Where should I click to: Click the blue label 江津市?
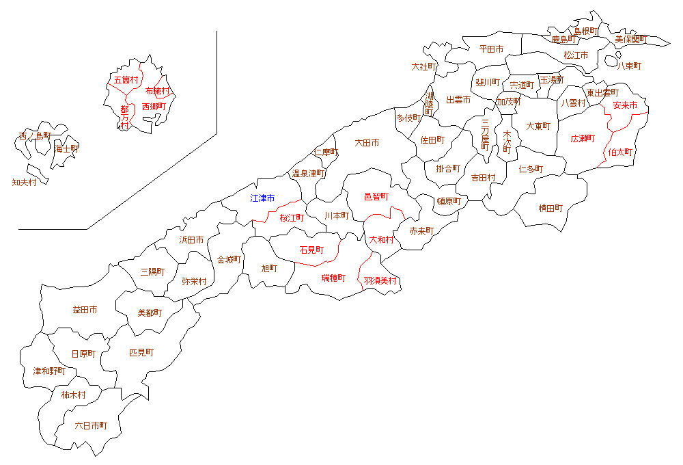[262, 198]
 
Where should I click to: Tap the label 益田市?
[85, 310]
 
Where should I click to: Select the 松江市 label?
[576, 55]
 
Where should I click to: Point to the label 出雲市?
[458, 100]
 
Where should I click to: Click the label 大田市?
[367, 143]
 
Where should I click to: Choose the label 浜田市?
[191, 240]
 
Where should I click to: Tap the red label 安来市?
[625, 106]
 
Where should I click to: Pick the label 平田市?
[491, 49]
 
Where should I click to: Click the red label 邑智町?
[376, 197]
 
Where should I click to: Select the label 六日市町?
[91, 425]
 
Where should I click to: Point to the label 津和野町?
[50, 371]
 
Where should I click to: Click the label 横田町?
[550, 208]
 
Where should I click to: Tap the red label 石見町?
[311, 250]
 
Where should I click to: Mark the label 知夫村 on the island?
[25, 183]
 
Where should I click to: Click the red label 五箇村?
[126, 80]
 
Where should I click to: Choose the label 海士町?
[67, 148]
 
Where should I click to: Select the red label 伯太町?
[621, 152]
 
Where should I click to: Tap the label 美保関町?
[630, 40]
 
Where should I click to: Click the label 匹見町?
[141, 353]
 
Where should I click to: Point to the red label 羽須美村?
[380, 280]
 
